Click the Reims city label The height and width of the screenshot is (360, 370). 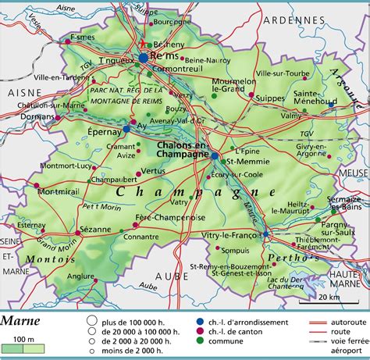click(x=162, y=59)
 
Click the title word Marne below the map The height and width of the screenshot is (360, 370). click(x=23, y=319)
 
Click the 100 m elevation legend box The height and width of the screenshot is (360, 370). click(x=23, y=348)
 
